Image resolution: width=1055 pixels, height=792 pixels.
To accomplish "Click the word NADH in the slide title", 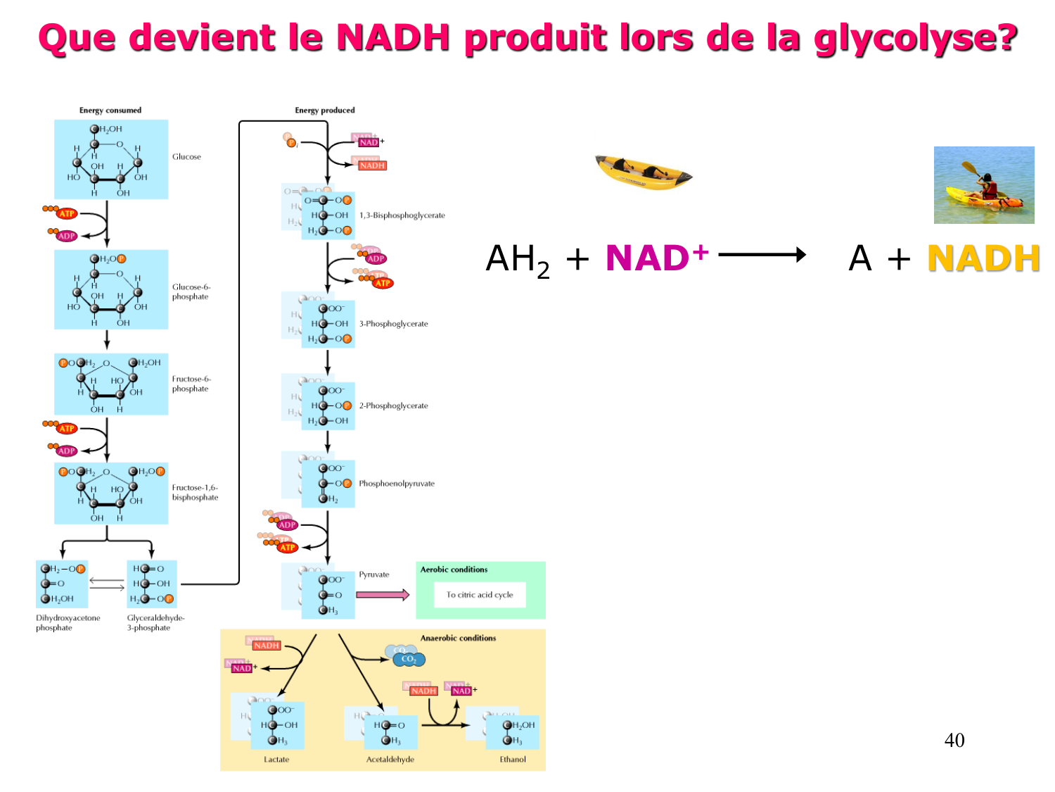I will tap(392, 37).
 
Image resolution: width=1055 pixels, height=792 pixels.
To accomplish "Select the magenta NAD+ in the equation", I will tap(656, 258).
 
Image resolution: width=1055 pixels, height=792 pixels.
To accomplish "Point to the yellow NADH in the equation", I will tap(983, 258).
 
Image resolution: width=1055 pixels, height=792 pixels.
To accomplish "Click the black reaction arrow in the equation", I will tap(762, 254).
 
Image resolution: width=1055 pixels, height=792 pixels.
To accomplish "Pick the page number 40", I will tap(954, 740).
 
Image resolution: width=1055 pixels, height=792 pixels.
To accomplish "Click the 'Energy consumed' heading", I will tap(110, 111).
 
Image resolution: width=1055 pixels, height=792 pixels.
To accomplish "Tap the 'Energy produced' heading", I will tap(325, 111).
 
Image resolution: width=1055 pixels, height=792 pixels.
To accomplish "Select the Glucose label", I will tap(186, 157).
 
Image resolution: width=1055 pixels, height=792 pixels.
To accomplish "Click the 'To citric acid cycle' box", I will tap(480, 595).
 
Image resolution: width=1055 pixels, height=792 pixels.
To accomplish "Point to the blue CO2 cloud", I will tap(406, 658).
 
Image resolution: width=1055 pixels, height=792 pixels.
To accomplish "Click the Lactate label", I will tap(276, 760).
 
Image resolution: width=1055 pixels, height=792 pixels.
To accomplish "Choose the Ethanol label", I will tap(513, 760).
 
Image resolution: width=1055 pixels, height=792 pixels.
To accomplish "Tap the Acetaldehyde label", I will tap(390, 760).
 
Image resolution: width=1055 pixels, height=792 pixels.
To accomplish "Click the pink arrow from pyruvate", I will tap(382, 595).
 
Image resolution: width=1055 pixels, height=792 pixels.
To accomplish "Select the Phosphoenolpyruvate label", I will tap(397, 484).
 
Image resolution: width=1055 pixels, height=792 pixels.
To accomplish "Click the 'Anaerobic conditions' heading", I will tap(458, 639).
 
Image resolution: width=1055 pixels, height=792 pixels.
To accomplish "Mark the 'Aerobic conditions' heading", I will tap(454, 570).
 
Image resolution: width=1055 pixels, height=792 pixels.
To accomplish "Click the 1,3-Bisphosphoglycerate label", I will tap(402, 215).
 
